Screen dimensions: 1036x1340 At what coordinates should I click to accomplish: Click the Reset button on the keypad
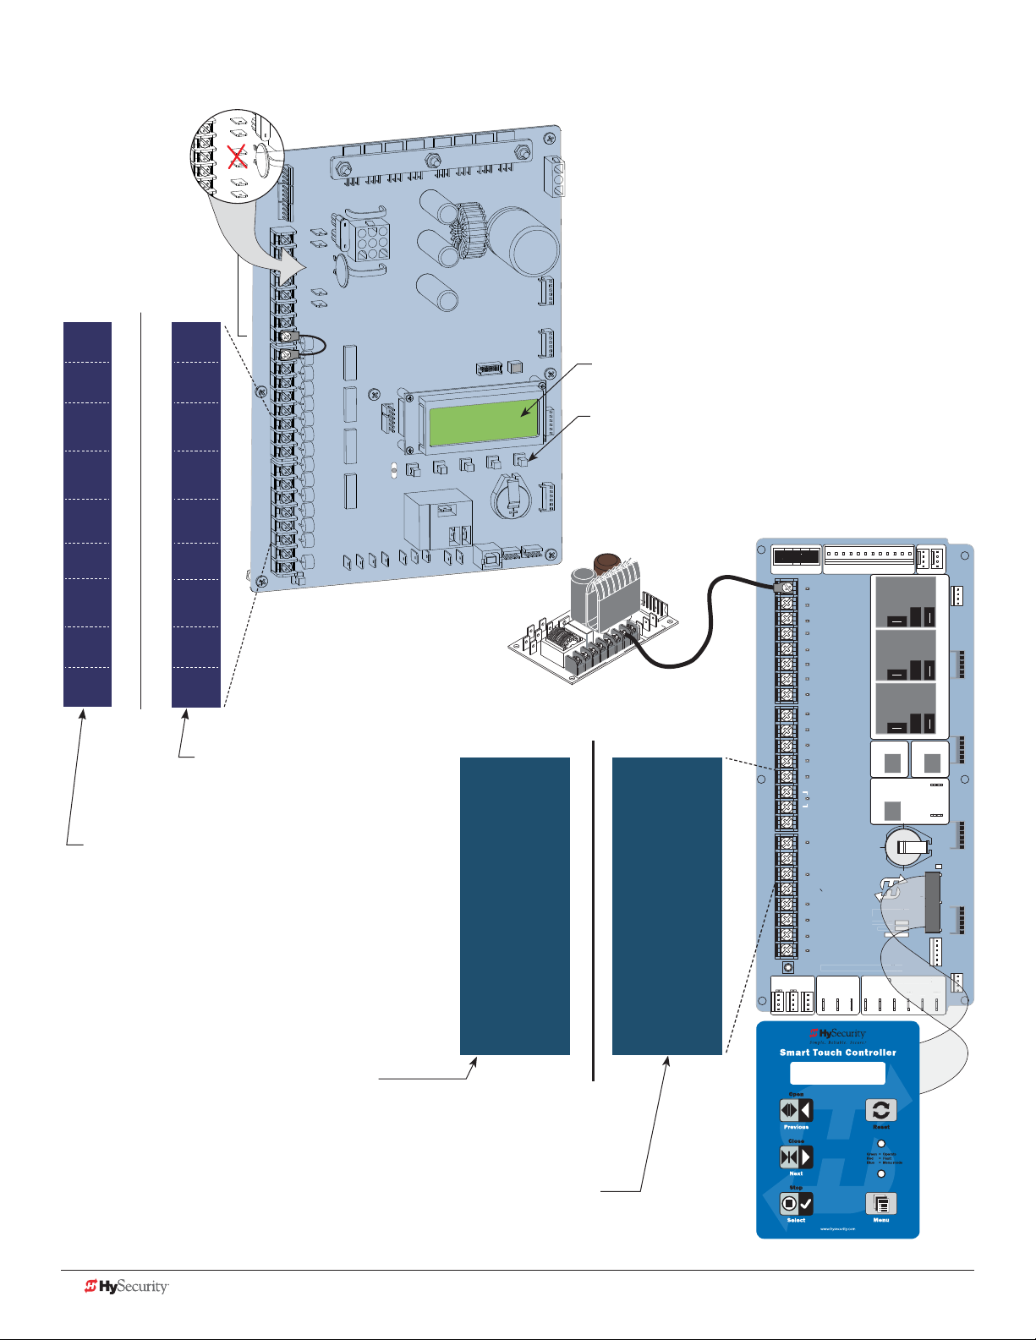click(x=880, y=1110)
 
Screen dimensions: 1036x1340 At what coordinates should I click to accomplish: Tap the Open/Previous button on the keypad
click(x=796, y=1110)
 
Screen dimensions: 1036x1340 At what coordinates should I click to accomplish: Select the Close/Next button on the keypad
click(x=796, y=1157)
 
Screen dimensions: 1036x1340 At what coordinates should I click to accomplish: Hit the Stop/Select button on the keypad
click(x=796, y=1203)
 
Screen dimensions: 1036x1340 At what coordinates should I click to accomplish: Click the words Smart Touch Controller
click(x=837, y=1053)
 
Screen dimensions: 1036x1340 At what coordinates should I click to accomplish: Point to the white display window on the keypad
click(x=837, y=1073)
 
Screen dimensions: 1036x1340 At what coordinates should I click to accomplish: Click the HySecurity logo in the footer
click(x=127, y=1287)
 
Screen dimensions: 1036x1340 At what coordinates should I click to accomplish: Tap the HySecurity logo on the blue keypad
click(x=837, y=1033)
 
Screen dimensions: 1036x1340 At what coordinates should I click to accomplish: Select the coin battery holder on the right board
click(x=907, y=845)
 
